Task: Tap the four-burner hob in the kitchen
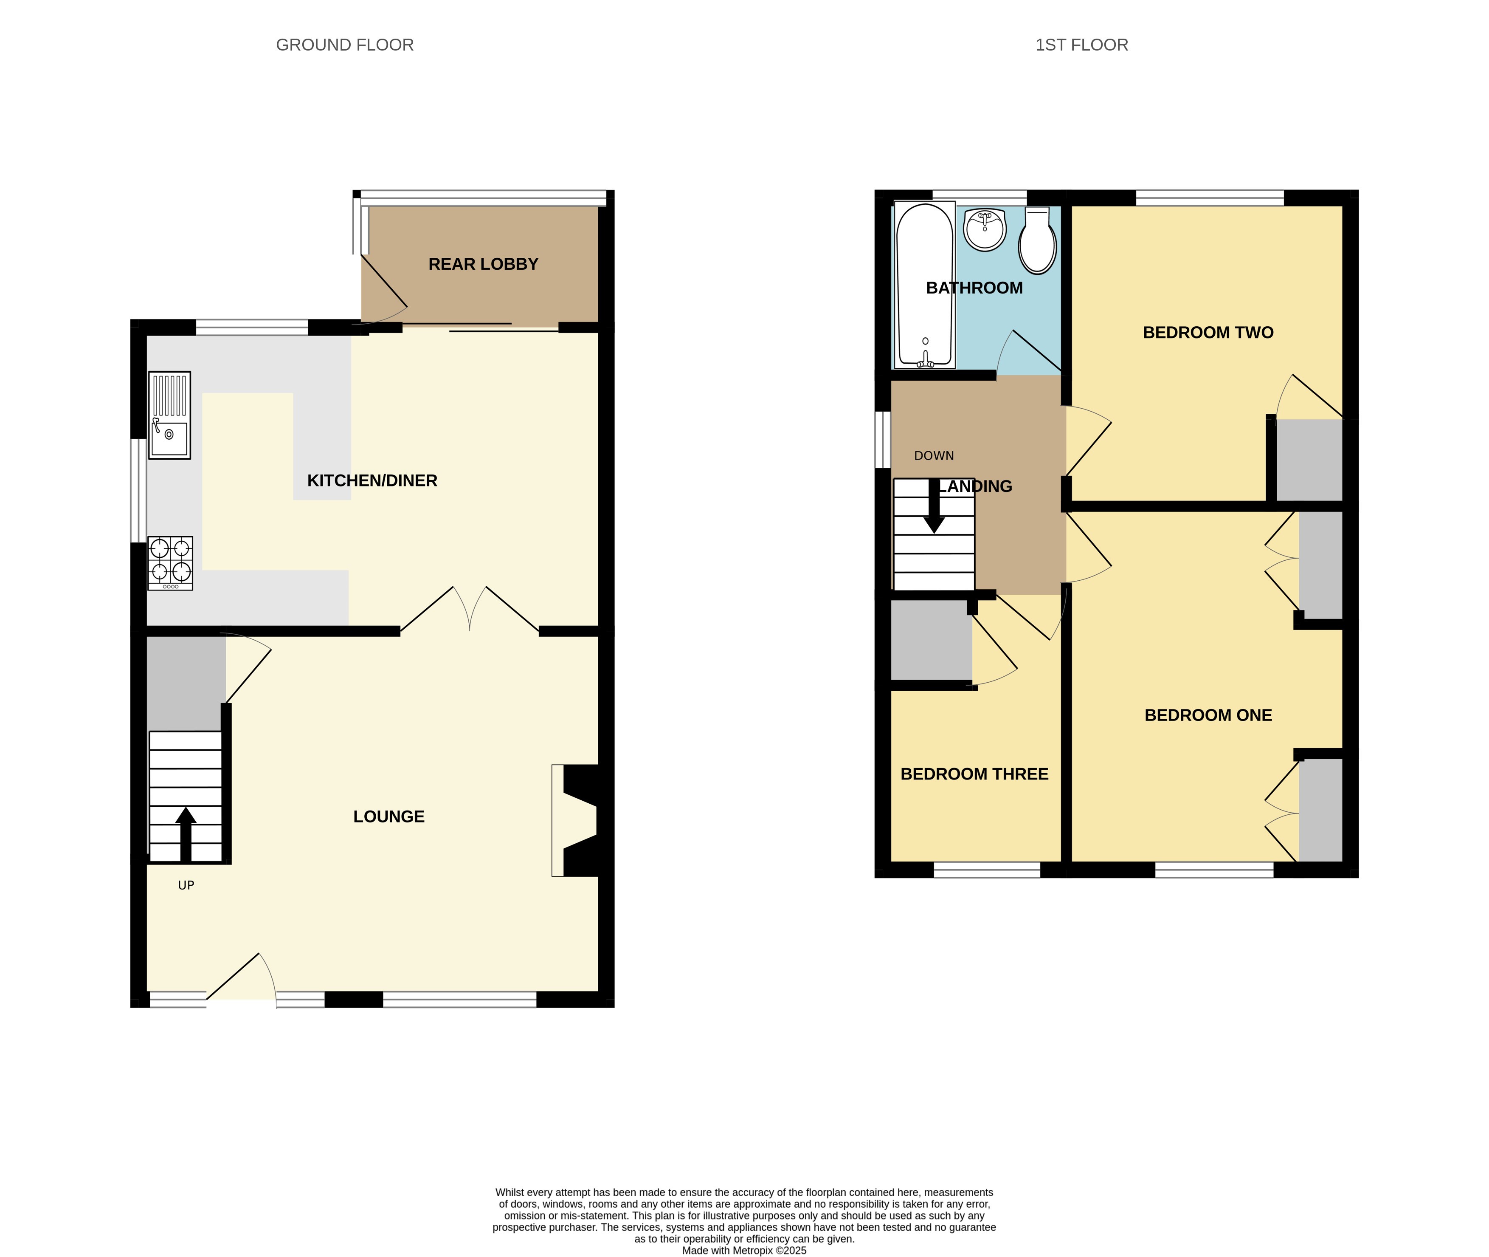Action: [170, 563]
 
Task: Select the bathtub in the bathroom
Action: [924, 285]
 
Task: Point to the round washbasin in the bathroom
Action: [985, 229]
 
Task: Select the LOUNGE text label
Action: [389, 816]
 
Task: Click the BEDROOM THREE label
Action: [974, 774]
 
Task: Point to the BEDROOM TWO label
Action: [1208, 333]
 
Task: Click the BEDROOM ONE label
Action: [1208, 715]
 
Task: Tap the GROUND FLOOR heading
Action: [345, 45]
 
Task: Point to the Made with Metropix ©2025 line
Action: [744, 1250]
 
